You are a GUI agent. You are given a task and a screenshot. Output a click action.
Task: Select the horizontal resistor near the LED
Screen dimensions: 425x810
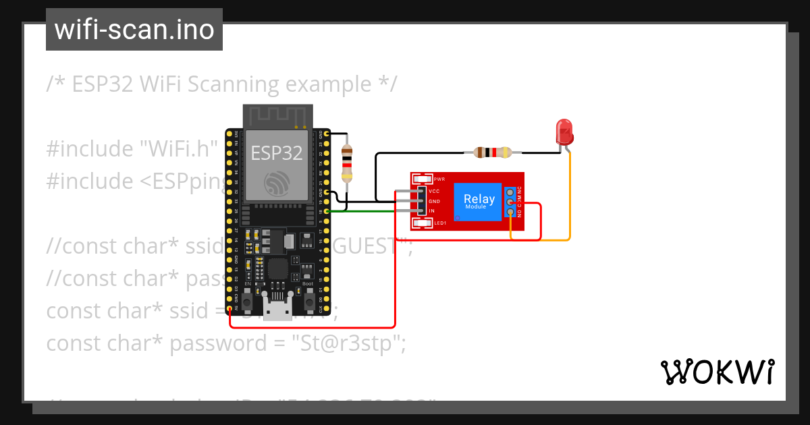click(x=493, y=152)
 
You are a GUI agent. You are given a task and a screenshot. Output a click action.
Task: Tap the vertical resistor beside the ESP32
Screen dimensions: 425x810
click(x=346, y=163)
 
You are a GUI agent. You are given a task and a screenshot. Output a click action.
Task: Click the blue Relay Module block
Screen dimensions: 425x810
click(x=479, y=201)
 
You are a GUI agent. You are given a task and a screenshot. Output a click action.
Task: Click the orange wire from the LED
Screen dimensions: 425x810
click(x=570, y=202)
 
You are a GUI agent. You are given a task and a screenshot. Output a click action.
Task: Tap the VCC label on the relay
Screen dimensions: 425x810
click(x=434, y=192)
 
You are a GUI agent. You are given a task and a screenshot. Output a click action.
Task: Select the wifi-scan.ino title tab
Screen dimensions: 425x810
click(x=134, y=30)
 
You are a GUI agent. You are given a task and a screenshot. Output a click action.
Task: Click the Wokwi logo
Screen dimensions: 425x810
click(x=717, y=372)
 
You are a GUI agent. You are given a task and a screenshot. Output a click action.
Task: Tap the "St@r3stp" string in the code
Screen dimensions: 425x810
click(x=348, y=343)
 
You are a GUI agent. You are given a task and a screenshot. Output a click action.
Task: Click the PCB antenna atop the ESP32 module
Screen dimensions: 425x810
click(x=277, y=115)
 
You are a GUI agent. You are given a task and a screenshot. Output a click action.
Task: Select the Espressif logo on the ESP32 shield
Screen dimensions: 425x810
click(x=277, y=183)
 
